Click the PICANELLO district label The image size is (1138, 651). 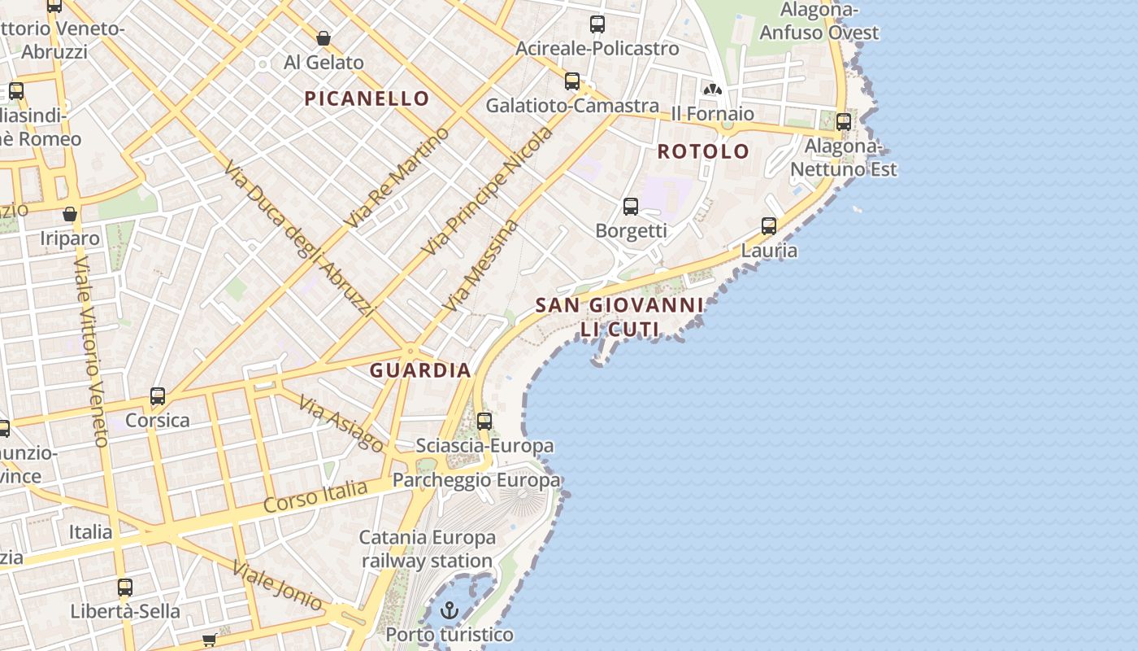click(x=367, y=98)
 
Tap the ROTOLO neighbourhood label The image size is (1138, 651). click(x=703, y=151)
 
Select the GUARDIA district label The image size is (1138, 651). click(x=420, y=370)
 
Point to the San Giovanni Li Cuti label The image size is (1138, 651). click(x=619, y=317)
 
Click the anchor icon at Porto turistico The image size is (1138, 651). click(x=450, y=609)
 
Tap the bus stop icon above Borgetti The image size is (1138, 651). click(x=631, y=207)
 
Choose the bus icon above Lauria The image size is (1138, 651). click(x=769, y=226)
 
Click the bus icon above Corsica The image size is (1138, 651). click(x=158, y=396)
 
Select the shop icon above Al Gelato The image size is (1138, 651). click(x=324, y=38)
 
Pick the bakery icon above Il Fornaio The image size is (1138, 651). click(x=713, y=90)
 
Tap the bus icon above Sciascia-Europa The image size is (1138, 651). click(x=484, y=422)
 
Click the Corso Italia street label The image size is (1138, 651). click(x=315, y=496)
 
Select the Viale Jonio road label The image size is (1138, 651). click(x=277, y=585)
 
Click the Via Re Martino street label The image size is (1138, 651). click(x=397, y=177)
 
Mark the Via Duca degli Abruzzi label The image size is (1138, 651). click(x=298, y=240)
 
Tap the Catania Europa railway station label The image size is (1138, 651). click(x=428, y=549)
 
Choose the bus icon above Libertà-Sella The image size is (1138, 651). click(x=124, y=588)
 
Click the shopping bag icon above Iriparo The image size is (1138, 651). click(x=70, y=215)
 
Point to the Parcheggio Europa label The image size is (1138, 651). click(x=476, y=480)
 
